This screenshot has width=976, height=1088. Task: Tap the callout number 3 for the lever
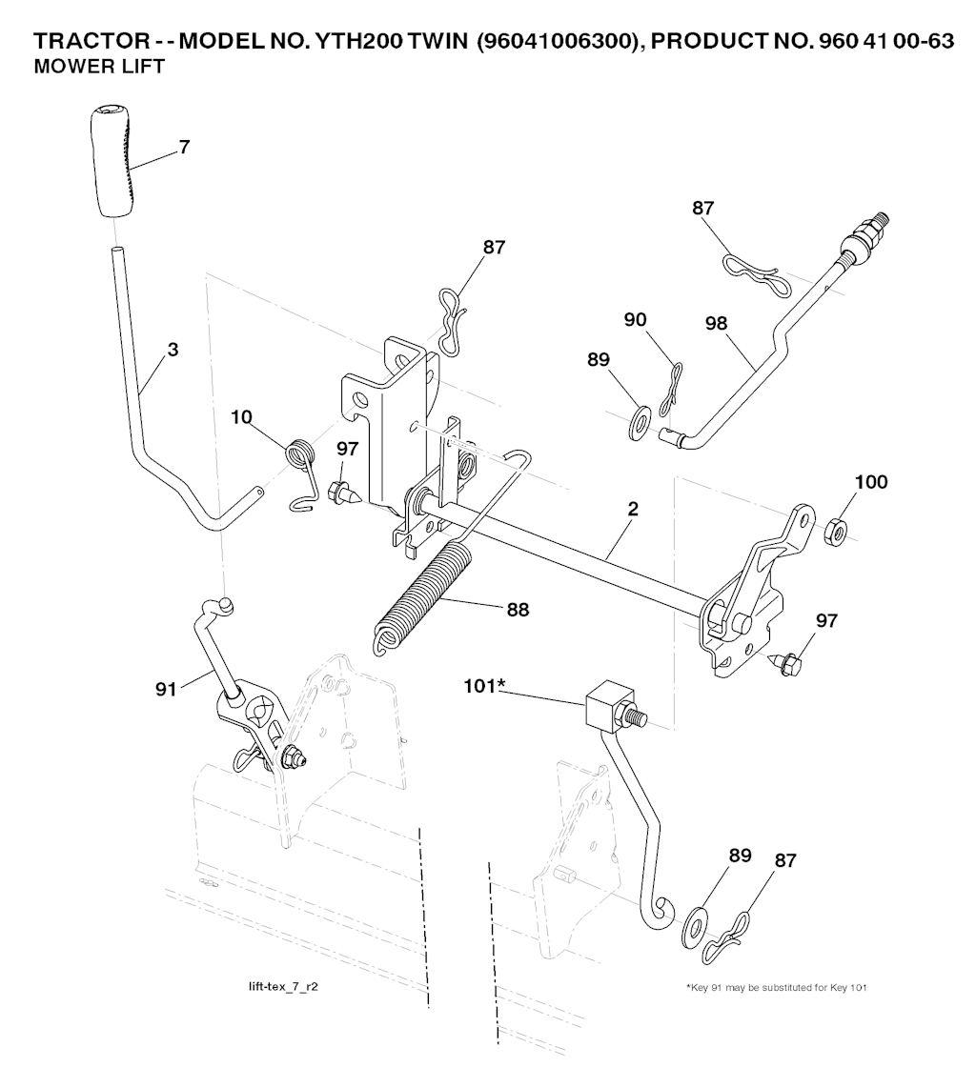pyautogui.click(x=173, y=350)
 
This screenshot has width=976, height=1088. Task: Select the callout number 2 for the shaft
pyautogui.click(x=632, y=510)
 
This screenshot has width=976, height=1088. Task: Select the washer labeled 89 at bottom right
pyautogui.click(x=695, y=925)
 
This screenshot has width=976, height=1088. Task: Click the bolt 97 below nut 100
pyautogui.click(x=788, y=663)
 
